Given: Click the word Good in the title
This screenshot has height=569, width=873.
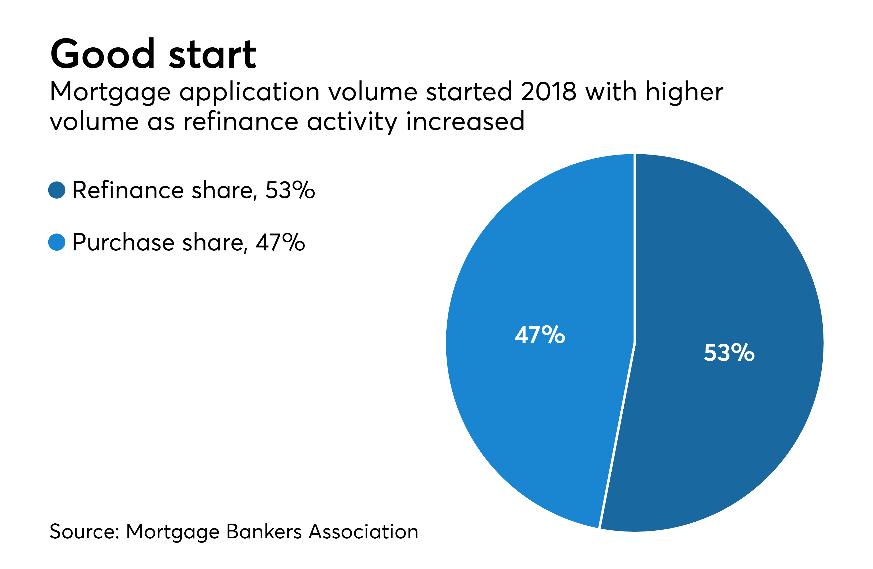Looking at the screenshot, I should pyautogui.click(x=103, y=54).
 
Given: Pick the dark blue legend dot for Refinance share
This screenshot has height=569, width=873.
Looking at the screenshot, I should pyautogui.click(x=57, y=190).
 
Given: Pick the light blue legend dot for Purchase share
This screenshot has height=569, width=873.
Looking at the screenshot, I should pyautogui.click(x=57, y=242).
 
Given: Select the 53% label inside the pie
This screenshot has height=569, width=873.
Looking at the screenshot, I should pyautogui.click(x=729, y=353).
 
